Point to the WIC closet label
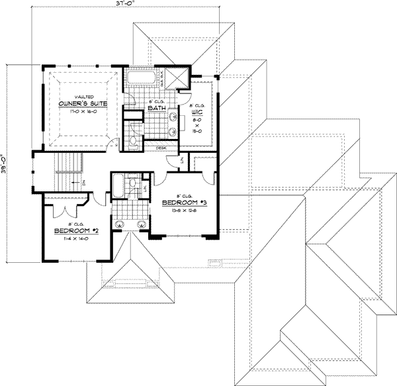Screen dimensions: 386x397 [x=197, y=113]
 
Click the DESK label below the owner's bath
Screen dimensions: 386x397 [x=161, y=148]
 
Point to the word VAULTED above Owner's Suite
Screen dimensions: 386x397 [x=81, y=96]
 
